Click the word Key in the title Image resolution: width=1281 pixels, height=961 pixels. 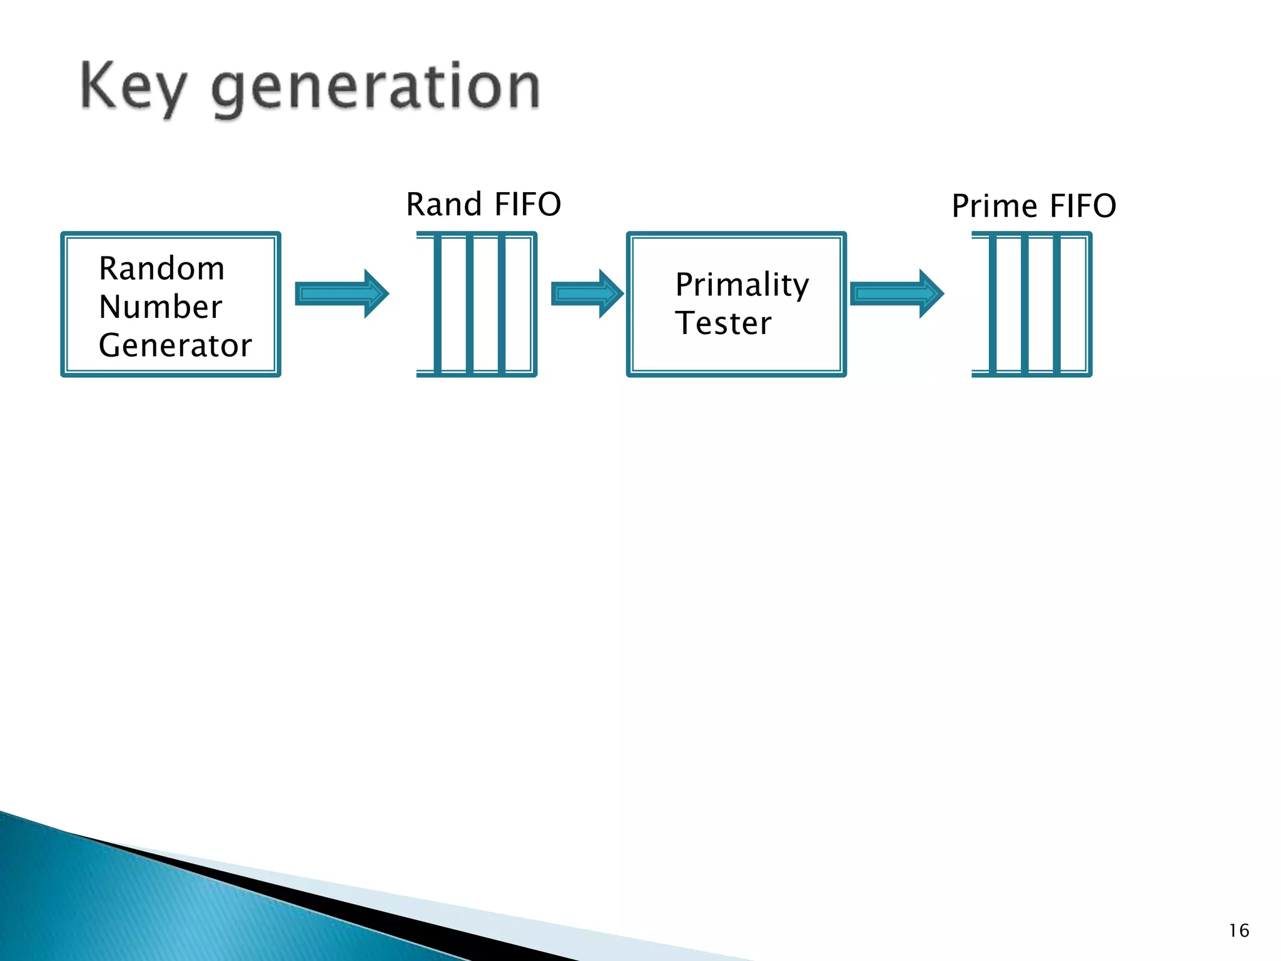pos(133,88)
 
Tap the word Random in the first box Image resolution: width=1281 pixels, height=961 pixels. pos(161,268)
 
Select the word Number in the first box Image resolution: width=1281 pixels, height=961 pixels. pos(160,307)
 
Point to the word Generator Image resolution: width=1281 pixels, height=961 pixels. pos(175,345)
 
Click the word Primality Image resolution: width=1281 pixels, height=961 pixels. pos(742,285)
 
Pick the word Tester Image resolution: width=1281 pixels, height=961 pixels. pos(723,323)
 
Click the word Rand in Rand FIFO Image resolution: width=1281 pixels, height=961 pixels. pos(444,205)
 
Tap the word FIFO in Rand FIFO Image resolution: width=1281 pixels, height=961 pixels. pos(527,205)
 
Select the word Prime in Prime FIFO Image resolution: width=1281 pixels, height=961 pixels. pos(995,206)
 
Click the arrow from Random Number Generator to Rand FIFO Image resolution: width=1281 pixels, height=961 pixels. pos(342,293)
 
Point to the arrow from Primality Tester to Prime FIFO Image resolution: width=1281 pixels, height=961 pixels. pos(896,293)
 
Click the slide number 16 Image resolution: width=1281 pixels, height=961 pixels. pos(1238,930)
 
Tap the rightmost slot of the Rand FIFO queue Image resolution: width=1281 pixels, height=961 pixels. pos(518,304)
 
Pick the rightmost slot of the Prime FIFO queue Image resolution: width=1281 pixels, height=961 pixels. pos(1073,304)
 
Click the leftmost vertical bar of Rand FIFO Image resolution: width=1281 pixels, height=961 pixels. pos(437,304)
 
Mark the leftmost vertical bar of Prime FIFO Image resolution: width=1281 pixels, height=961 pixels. pos(993,304)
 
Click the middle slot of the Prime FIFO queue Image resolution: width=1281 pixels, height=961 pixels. pos(1041,304)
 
